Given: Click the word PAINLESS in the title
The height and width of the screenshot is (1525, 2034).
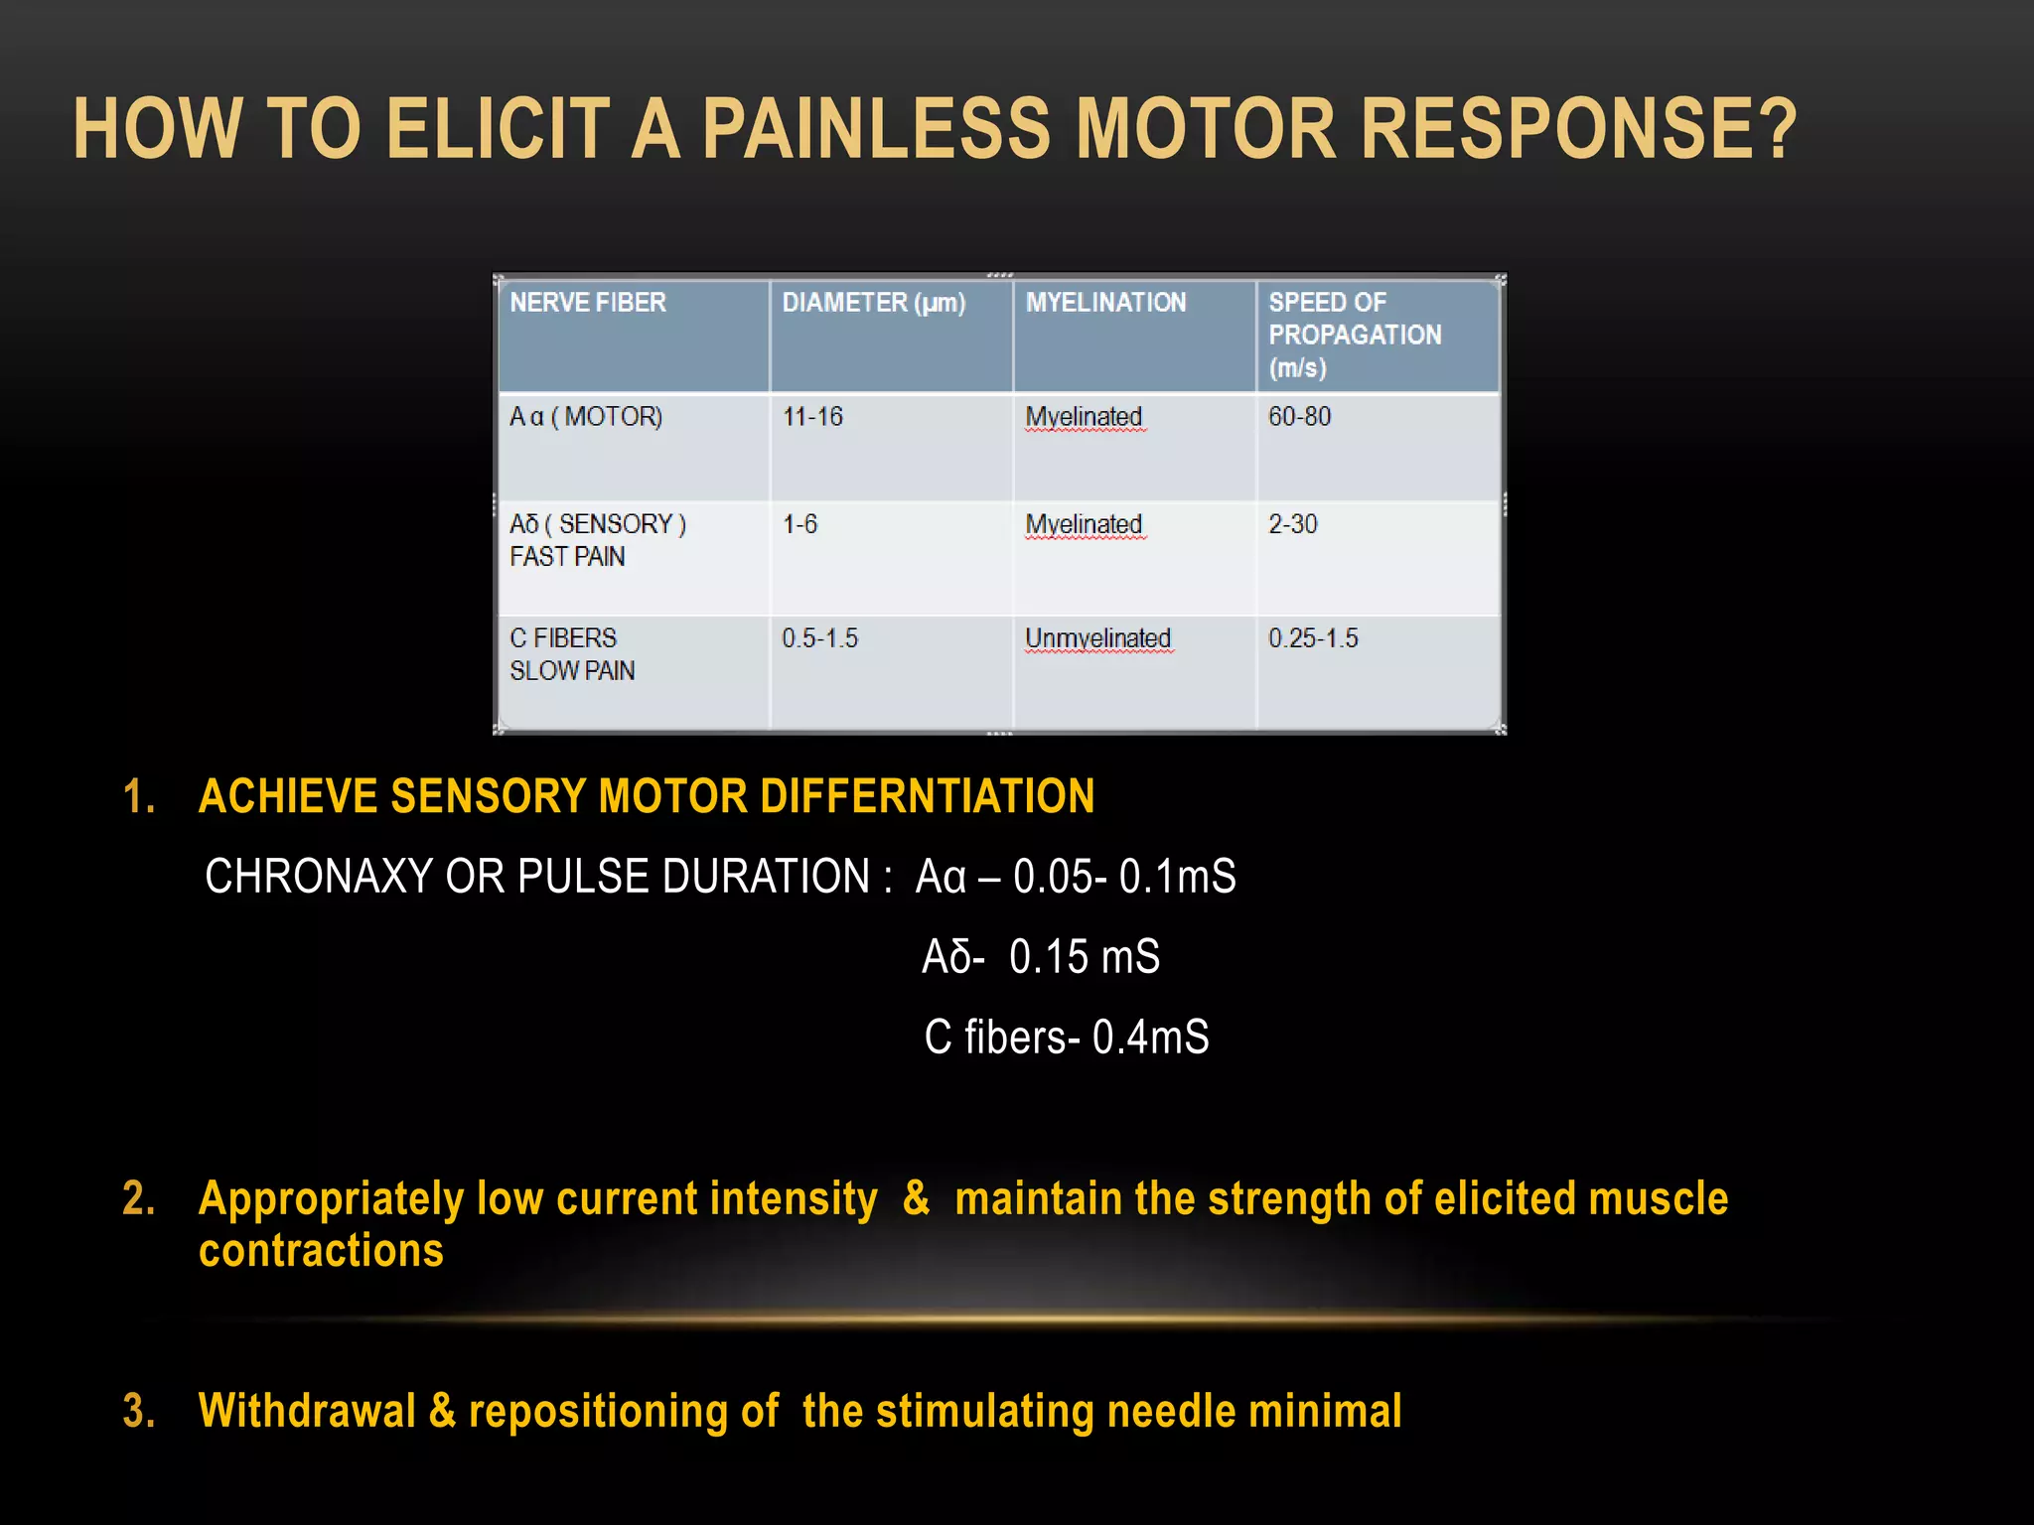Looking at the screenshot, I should pyautogui.click(x=875, y=129).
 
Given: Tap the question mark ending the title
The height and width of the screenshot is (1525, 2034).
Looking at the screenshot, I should pyautogui.click(x=1772, y=129).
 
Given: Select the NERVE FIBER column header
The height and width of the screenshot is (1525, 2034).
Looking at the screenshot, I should pyautogui.click(x=588, y=303).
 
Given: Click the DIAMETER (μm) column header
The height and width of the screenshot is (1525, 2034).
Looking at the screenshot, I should pyautogui.click(x=873, y=303).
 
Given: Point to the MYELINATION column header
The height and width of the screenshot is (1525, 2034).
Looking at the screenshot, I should pyautogui.click(x=1105, y=303).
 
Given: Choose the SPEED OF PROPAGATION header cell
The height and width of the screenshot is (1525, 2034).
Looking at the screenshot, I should pyautogui.click(x=1355, y=335).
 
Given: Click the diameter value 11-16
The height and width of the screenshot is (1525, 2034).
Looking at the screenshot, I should pyautogui.click(x=812, y=417).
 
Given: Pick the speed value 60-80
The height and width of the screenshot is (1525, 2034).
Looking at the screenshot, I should pyautogui.click(x=1299, y=417).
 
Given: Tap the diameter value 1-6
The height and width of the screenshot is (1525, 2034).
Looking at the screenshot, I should pyautogui.click(x=799, y=524).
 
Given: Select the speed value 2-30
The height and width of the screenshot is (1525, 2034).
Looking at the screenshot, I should pyautogui.click(x=1292, y=524).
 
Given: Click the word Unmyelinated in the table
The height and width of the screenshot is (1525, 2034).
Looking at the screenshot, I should pyautogui.click(x=1097, y=638).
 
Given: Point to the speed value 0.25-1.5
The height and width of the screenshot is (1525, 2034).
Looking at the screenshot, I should pyautogui.click(x=1313, y=638).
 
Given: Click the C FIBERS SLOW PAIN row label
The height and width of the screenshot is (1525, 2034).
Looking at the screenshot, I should pyautogui.click(x=572, y=654).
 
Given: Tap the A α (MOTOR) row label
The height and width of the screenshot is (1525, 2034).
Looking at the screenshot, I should pyautogui.click(x=586, y=417).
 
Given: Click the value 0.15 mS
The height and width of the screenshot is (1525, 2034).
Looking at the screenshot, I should pyautogui.click(x=1084, y=957).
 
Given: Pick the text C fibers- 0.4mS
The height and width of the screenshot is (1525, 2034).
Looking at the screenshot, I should pyautogui.click(x=1066, y=1038).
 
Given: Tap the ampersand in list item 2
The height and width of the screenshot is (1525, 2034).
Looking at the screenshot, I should pyautogui.click(x=916, y=1197).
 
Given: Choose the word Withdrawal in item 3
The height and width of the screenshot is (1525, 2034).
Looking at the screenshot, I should pyautogui.click(x=307, y=1411).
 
